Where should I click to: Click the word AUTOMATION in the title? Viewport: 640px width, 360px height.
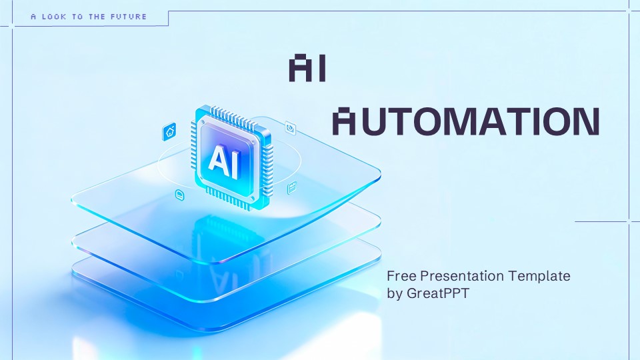click(x=465, y=121)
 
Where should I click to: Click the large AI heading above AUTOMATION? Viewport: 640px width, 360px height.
click(x=307, y=69)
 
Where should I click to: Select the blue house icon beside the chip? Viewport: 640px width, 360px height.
click(x=169, y=131)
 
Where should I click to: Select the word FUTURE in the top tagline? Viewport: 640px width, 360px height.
click(x=127, y=17)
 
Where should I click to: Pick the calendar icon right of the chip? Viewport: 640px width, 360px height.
click(x=291, y=189)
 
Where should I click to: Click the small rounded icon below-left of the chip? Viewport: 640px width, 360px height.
click(x=179, y=194)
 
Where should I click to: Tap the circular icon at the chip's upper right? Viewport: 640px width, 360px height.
click(x=291, y=126)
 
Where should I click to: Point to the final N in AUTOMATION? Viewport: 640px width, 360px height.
click(x=583, y=121)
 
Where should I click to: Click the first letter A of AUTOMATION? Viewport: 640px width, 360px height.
click(x=344, y=121)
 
